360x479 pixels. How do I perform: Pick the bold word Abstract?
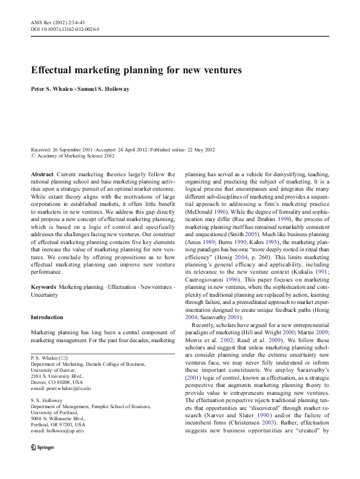(x=42, y=173)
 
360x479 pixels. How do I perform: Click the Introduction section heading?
(x=47, y=317)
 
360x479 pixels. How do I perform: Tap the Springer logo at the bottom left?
(x=40, y=463)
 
